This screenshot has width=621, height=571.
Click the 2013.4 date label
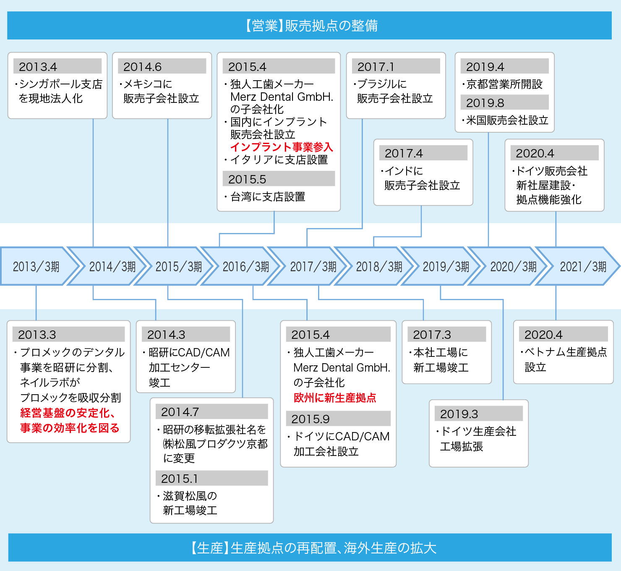pos(38,67)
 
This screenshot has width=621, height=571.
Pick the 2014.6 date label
pos(142,67)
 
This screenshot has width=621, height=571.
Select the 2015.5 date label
pos(247,179)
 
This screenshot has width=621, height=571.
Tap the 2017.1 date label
pos(376,67)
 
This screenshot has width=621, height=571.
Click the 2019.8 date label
pos(485,103)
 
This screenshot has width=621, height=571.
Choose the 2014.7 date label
pos(180,412)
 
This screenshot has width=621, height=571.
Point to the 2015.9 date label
pos(310,419)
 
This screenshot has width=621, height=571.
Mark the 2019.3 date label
pos(459,414)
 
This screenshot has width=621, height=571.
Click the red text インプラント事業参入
pos(282,147)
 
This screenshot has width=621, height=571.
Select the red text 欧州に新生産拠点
pos(335,398)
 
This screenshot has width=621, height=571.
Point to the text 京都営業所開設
pos(504,84)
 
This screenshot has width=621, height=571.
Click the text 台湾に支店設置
pos(268,196)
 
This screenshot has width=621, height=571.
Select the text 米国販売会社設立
pos(507,120)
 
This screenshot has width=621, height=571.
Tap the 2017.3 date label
pos(432,335)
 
